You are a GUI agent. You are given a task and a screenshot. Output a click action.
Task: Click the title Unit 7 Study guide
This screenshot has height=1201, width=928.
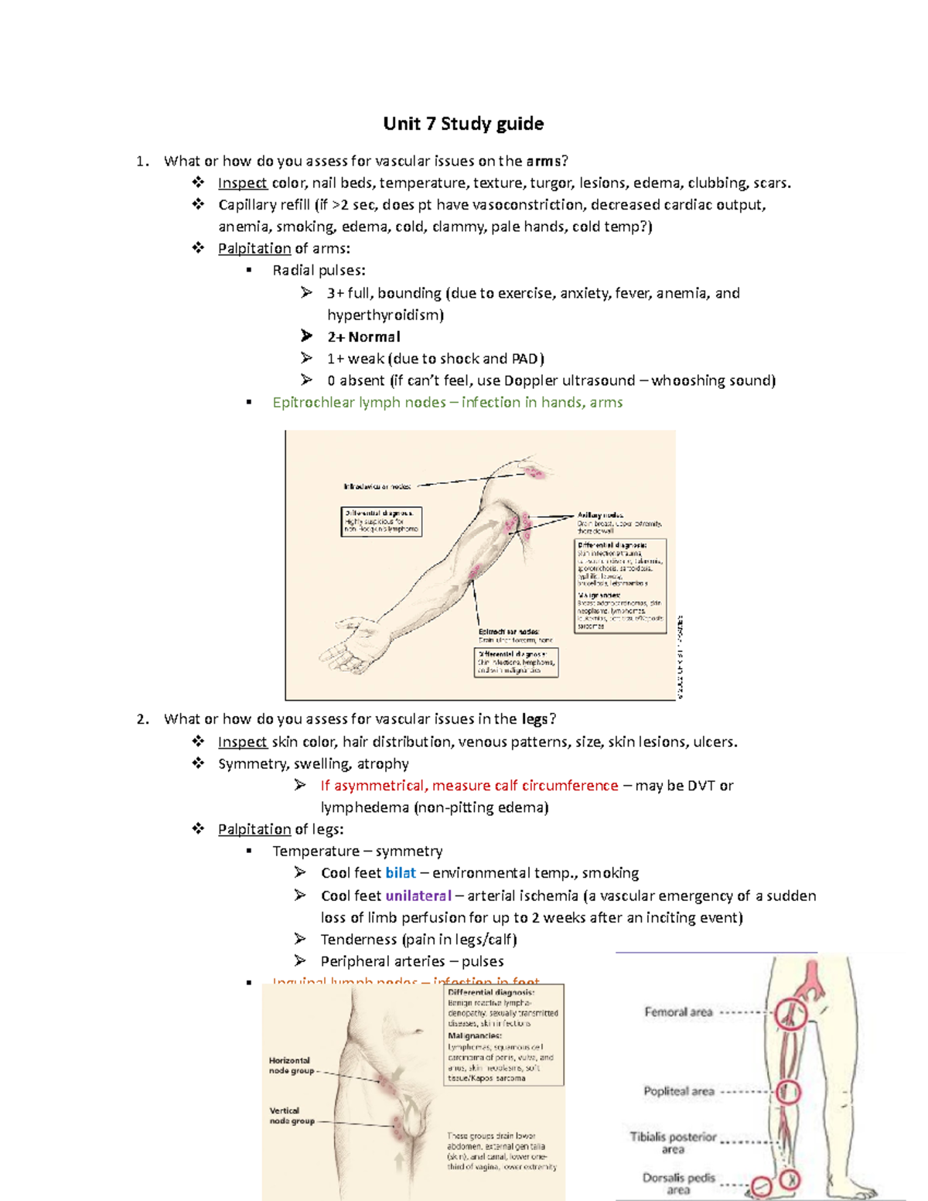(x=463, y=124)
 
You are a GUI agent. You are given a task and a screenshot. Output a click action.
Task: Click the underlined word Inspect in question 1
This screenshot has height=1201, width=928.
(x=242, y=183)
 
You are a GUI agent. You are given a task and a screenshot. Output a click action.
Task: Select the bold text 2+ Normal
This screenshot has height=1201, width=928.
(x=363, y=337)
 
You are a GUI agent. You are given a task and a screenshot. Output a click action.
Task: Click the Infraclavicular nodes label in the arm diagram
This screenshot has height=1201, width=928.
(x=377, y=486)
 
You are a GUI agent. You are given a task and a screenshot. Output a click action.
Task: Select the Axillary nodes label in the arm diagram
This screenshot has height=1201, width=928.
(x=600, y=515)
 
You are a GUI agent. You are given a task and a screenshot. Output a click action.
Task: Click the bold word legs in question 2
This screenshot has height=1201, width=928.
(x=534, y=719)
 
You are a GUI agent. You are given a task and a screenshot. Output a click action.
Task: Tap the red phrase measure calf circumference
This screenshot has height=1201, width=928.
(x=525, y=786)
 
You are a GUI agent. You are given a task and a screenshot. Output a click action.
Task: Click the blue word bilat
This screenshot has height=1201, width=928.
(x=401, y=873)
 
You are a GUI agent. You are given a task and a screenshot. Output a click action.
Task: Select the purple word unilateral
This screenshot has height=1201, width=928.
(x=418, y=896)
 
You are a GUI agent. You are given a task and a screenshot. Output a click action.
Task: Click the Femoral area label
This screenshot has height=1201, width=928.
(x=678, y=1012)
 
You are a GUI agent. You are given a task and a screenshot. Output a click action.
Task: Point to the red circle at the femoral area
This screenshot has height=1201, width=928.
(x=790, y=1012)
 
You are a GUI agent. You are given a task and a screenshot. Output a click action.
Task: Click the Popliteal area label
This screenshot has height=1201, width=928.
(x=679, y=1091)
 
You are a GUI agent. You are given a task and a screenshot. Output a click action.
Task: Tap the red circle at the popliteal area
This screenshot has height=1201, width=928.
(x=788, y=1092)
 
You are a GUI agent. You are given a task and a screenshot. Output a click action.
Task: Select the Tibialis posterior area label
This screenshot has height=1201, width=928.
(x=673, y=1142)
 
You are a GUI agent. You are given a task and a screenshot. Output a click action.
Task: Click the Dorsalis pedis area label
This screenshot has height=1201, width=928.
(x=678, y=1183)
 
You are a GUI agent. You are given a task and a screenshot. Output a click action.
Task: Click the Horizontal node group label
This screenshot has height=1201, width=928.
(x=291, y=1066)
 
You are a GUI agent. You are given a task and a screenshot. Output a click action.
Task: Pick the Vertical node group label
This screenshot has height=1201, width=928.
(x=292, y=1115)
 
